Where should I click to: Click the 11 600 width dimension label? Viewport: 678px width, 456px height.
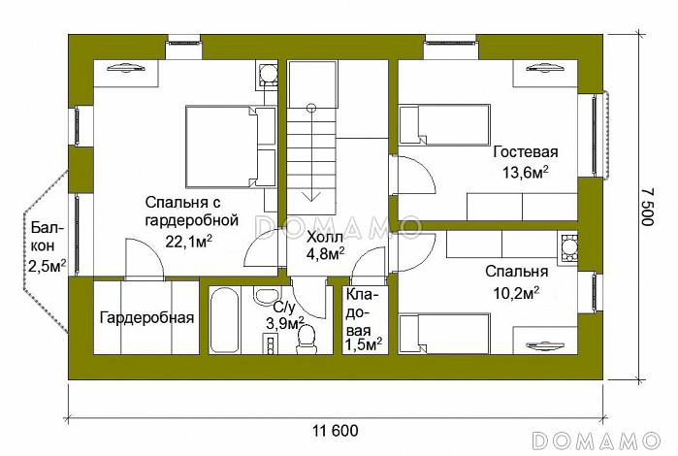[335, 431]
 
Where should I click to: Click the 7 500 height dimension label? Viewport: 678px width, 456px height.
[647, 207]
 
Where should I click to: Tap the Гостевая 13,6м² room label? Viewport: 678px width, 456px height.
[526, 162]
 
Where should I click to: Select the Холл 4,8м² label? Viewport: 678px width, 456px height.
[325, 245]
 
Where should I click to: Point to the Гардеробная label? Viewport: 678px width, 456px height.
[146, 318]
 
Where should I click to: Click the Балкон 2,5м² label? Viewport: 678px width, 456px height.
[48, 246]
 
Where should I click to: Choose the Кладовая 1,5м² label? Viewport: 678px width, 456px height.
[363, 320]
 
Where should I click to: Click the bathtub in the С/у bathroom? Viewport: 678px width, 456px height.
[224, 320]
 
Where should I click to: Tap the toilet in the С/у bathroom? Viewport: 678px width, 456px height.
[307, 339]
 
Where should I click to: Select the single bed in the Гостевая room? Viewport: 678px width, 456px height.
[444, 124]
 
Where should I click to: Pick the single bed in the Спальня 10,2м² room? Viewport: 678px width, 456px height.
[444, 333]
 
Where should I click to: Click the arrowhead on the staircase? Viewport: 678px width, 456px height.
[311, 196]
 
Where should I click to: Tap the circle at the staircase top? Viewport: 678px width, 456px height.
[311, 108]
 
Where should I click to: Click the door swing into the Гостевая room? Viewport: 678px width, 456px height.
[412, 175]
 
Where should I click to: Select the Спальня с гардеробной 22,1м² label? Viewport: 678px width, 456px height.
[191, 222]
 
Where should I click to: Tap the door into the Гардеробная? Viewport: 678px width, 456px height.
[144, 258]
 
